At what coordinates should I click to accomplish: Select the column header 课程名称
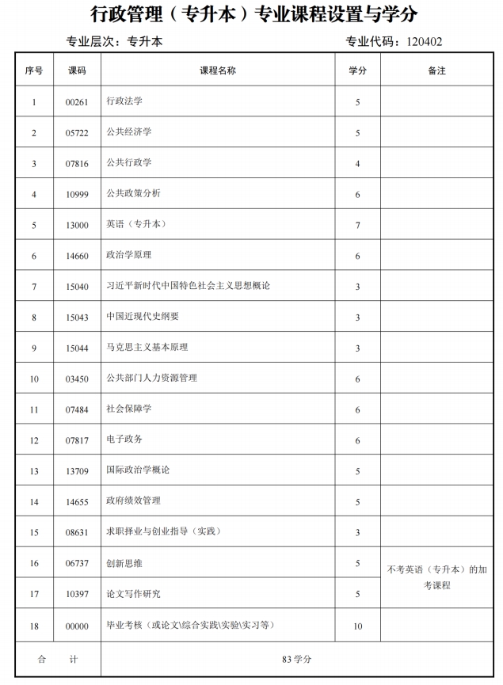[217, 70]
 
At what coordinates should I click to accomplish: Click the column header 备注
[436, 70]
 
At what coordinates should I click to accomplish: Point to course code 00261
[77, 101]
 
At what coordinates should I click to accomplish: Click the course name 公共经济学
[129, 132]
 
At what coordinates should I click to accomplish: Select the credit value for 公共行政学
[358, 163]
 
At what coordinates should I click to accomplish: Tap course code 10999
[77, 194]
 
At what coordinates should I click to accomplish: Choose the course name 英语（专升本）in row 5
[136, 225]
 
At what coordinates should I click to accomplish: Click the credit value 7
[358, 225]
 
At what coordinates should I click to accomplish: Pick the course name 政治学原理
[129, 256]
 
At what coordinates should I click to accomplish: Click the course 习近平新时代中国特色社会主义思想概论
[189, 286]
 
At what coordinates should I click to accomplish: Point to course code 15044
[77, 348]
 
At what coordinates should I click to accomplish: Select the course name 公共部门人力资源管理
[152, 379]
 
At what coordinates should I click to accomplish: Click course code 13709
[77, 470]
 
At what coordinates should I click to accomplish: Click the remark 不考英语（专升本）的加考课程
[436, 577]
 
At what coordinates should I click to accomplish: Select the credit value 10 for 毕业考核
[358, 626]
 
